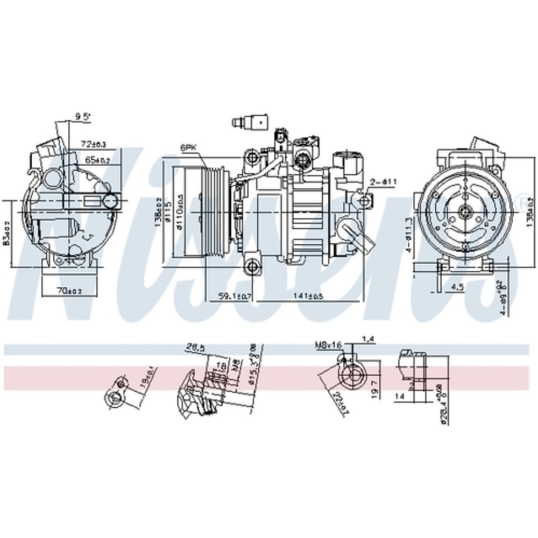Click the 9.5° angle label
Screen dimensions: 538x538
click(82, 116)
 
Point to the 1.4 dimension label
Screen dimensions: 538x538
click(368, 338)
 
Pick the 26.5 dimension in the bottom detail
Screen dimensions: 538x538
click(196, 348)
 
